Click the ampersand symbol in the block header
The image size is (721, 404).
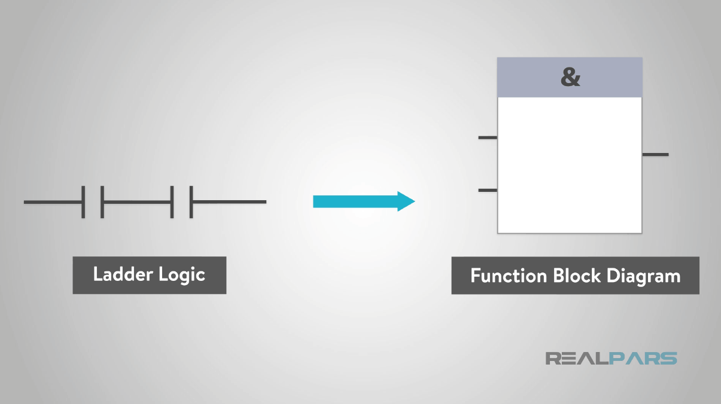(x=570, y=78)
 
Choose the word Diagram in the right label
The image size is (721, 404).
(x=644, y=276)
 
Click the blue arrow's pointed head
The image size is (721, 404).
(x=407, y=202)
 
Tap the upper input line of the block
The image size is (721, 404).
(x=488, y=138)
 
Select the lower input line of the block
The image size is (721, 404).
(x=488, y=191)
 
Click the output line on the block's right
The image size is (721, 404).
(x=655, y=155)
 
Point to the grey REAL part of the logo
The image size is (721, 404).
(x=574, y=359)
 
